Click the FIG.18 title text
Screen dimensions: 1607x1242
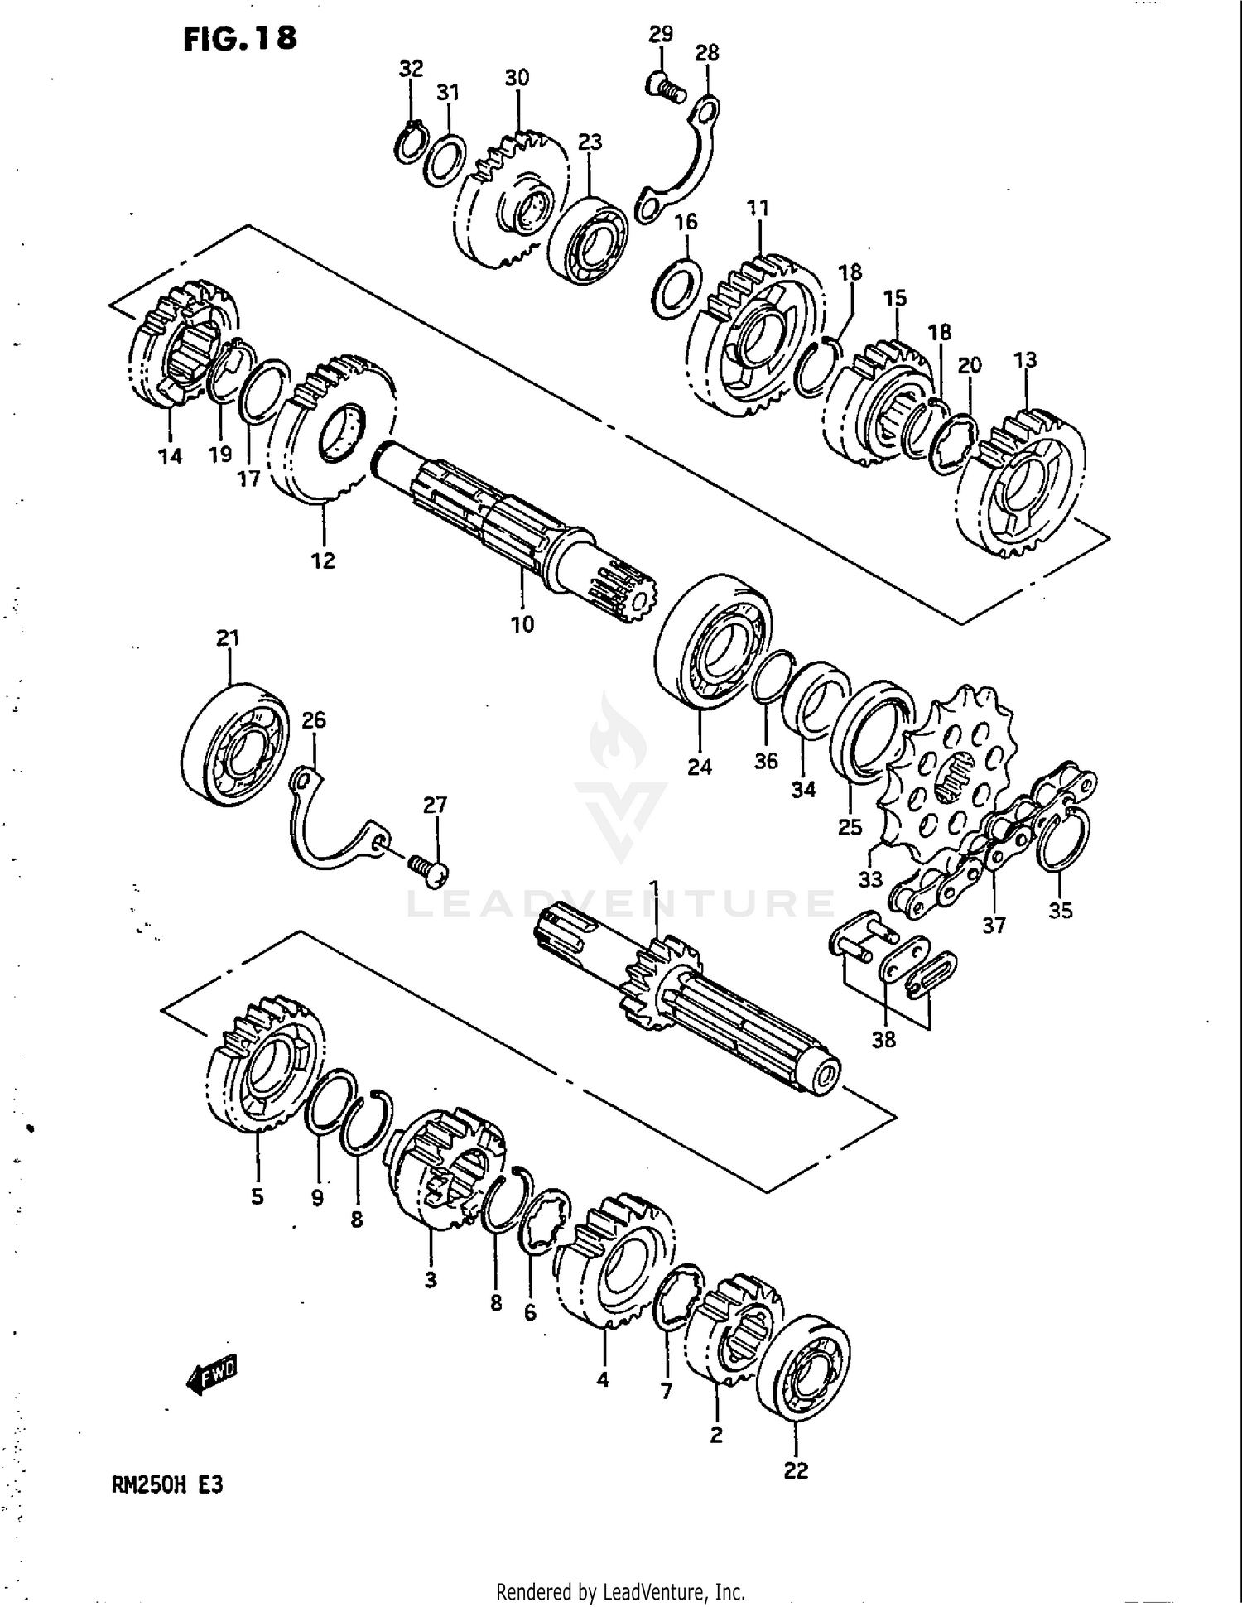tap(239, 38)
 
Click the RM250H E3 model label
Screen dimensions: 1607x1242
tap(167, 1485)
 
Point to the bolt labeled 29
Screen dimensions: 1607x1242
tap(665, 85)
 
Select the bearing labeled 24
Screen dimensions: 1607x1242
tap(712, 642)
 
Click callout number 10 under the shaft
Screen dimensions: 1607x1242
tap(522, 624)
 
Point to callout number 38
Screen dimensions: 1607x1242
tap(883, 1039)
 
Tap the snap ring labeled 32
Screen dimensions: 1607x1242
tap(411, 143)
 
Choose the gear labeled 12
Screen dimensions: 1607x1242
tap(331, 431)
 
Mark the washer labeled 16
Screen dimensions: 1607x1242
tap(678, 287)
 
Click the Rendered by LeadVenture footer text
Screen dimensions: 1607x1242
tap(620, 1591)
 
